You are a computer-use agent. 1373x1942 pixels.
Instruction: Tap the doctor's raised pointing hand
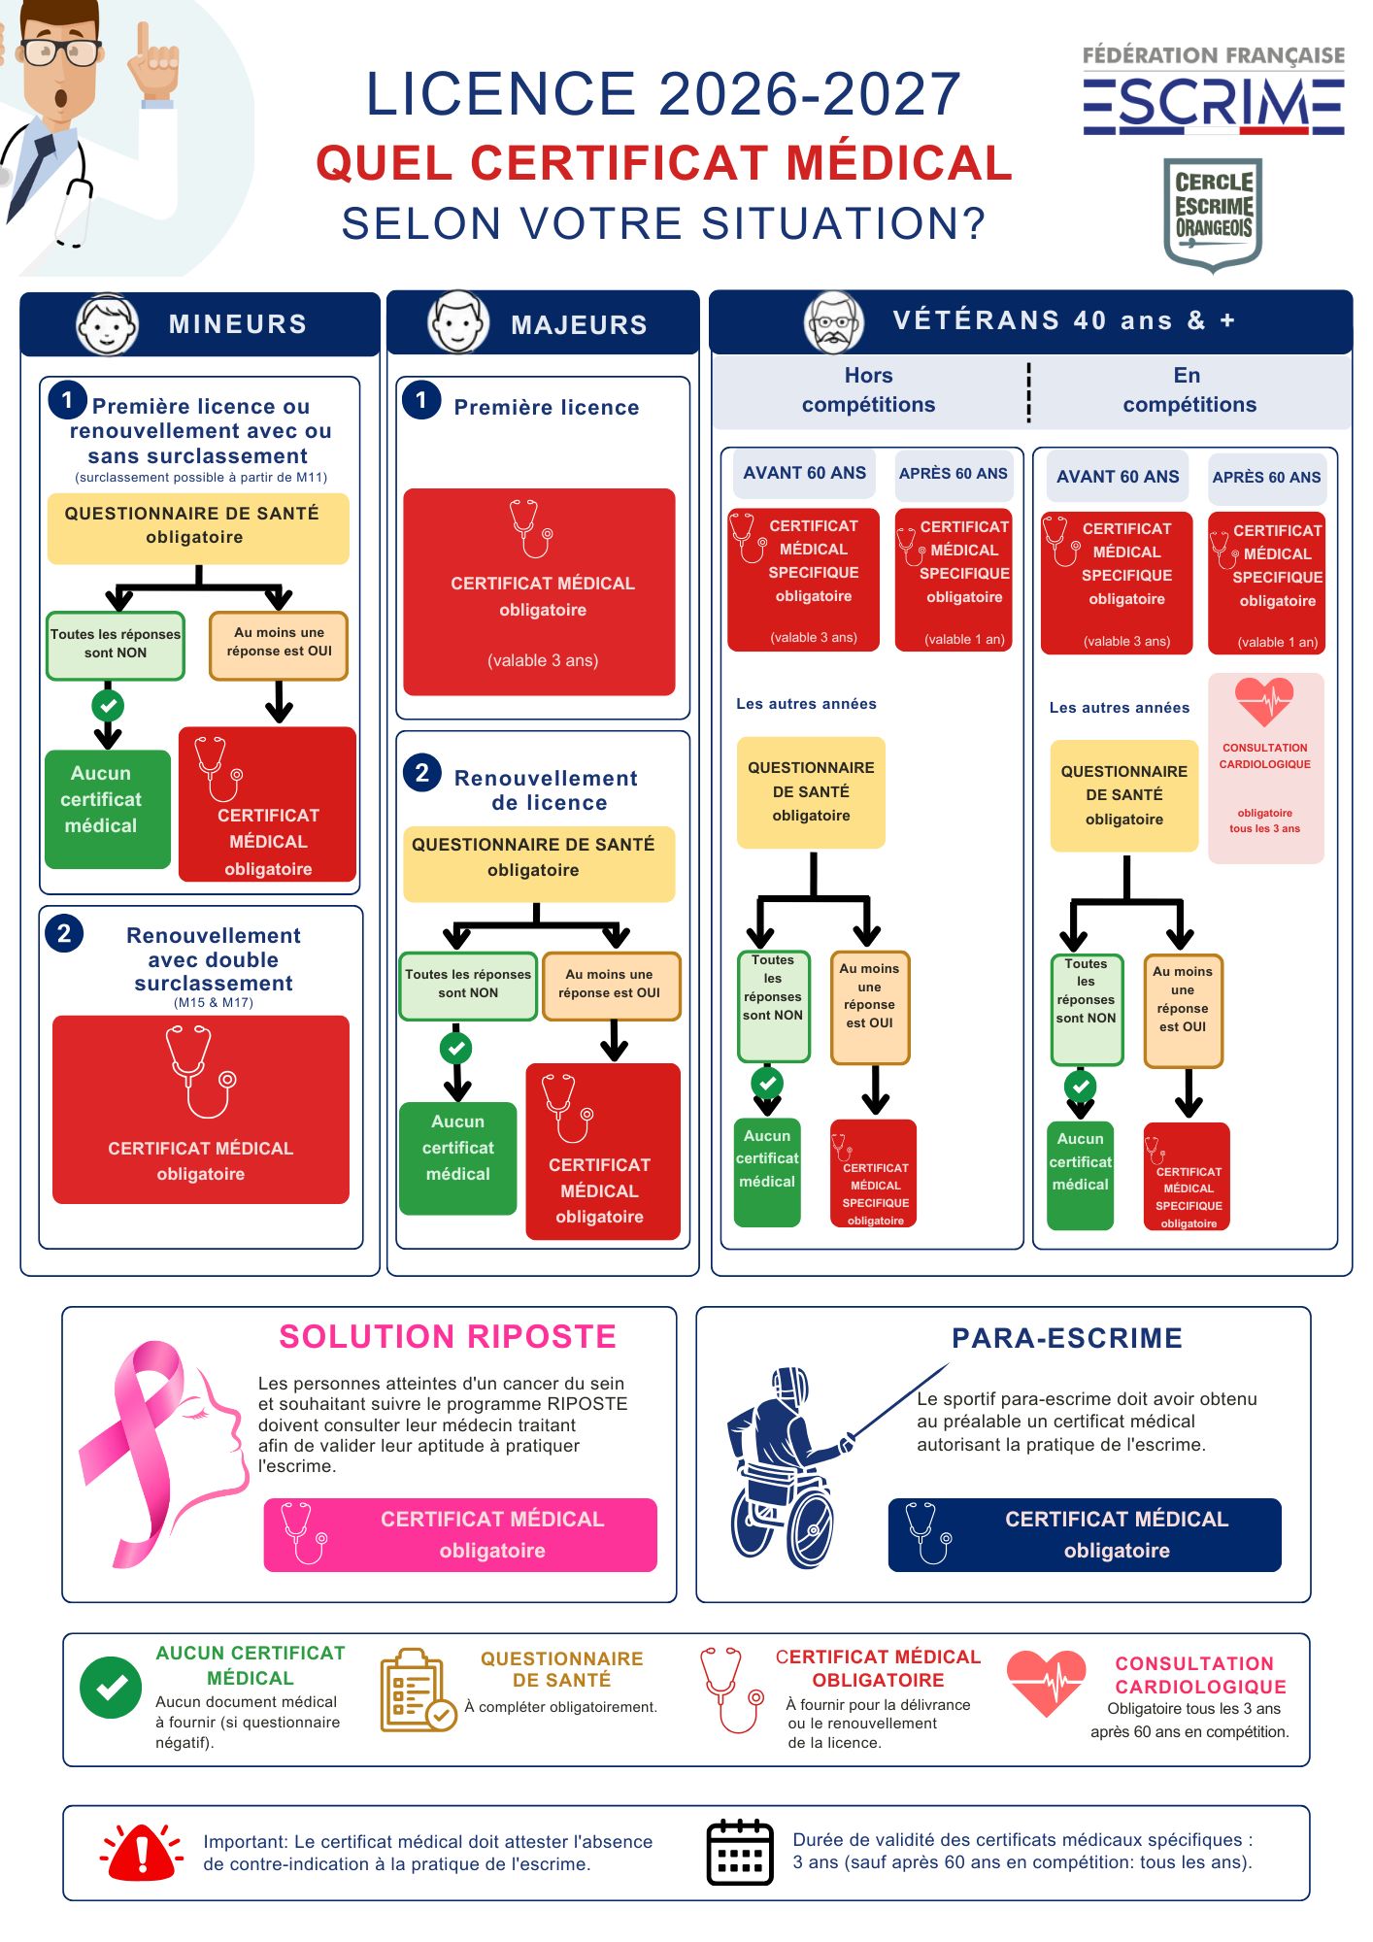click(x=153, y=66)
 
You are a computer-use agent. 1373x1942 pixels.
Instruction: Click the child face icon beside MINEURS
click(x=107, y=324)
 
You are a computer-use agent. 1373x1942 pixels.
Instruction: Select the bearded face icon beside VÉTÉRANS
click(x=834, y=322)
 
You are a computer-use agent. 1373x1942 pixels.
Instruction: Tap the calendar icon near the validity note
click(x=740, y=1852)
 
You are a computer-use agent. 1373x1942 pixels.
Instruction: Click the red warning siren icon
click(x=142, y=1851)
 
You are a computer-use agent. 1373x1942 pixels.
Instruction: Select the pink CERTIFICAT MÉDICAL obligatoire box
click(x=460, y=1534)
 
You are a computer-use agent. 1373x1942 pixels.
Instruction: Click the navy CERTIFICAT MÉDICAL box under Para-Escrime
click(x=1085, y=1534)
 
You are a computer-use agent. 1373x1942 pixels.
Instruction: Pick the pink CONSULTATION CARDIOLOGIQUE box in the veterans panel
click(x=1265, y=768)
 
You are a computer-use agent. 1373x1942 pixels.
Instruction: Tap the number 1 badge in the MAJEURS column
click(x=421, y=399)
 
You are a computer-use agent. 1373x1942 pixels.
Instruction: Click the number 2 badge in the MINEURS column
click(x=64, y=933)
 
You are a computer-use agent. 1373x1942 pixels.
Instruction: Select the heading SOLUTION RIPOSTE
click(x=448, y=1337)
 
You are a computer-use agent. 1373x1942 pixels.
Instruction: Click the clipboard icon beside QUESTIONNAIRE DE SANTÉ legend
click(x=417, y=1691)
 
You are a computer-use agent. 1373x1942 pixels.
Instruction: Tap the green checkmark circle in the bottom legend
click(x=111, y=1688)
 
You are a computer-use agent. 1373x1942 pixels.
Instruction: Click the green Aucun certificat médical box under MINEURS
click(x=108, y=809)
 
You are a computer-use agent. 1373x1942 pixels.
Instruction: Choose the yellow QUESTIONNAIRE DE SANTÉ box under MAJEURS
click(x=539, y=864)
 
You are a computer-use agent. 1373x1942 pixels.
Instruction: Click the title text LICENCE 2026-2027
click(x=663, y=94)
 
